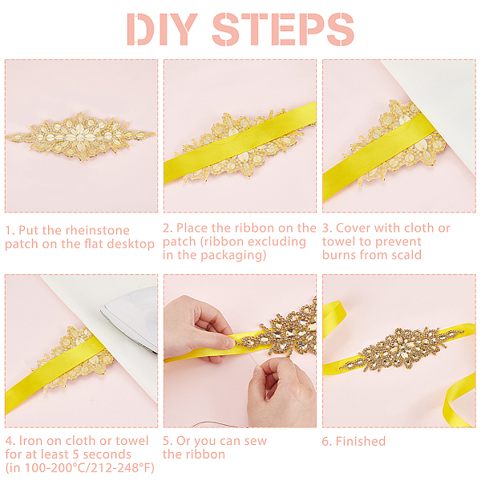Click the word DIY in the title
(x=162, y=30)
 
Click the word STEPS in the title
(x=283, y=30)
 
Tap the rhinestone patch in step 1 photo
(x=80, y=136)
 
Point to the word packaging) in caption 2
(x=233, y=256)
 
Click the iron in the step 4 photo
(x=131, y=319)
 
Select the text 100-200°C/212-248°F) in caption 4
(x=89, y=468)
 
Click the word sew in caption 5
(x=256, y=441)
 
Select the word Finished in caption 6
(x=361, y=441)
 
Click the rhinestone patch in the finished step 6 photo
(x=402, y=349)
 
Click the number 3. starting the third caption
(x=327, y=228)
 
